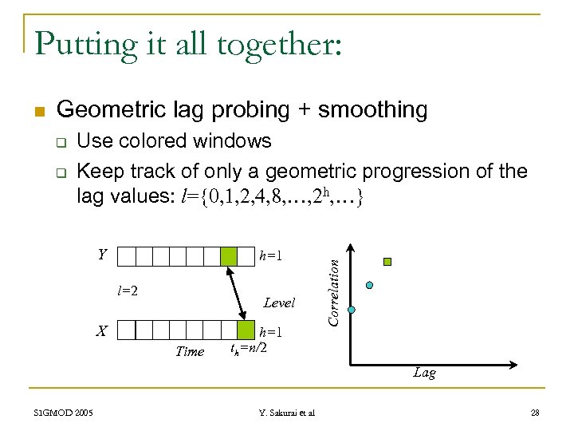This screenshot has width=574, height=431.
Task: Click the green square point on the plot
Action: click(x=387, y=261)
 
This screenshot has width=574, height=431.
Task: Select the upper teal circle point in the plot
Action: click(x=368, y=285)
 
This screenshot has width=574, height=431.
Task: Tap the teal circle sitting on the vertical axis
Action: click(x=352, y=310)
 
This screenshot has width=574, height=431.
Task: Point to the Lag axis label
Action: click(x=424, y=373)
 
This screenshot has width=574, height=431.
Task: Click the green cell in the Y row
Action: click(x=229, y=256)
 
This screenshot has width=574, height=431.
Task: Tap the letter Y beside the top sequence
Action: click(x=102, y=255)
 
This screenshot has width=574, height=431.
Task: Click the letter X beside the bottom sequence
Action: click(x=102, y=330)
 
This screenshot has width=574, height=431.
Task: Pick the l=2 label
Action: click(x=128, y=291)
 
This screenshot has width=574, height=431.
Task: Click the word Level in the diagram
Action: click(x=279, y=302)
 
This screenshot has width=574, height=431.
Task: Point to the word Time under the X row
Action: click(x=190, y=351)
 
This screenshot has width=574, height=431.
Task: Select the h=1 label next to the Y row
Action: click(x=272, y=256)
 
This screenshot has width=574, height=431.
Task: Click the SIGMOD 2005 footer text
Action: click(x=63, y=413)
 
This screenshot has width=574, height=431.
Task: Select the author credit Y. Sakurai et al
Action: click(x=287, y=413)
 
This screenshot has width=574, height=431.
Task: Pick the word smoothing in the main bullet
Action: click(x=372, y=109)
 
